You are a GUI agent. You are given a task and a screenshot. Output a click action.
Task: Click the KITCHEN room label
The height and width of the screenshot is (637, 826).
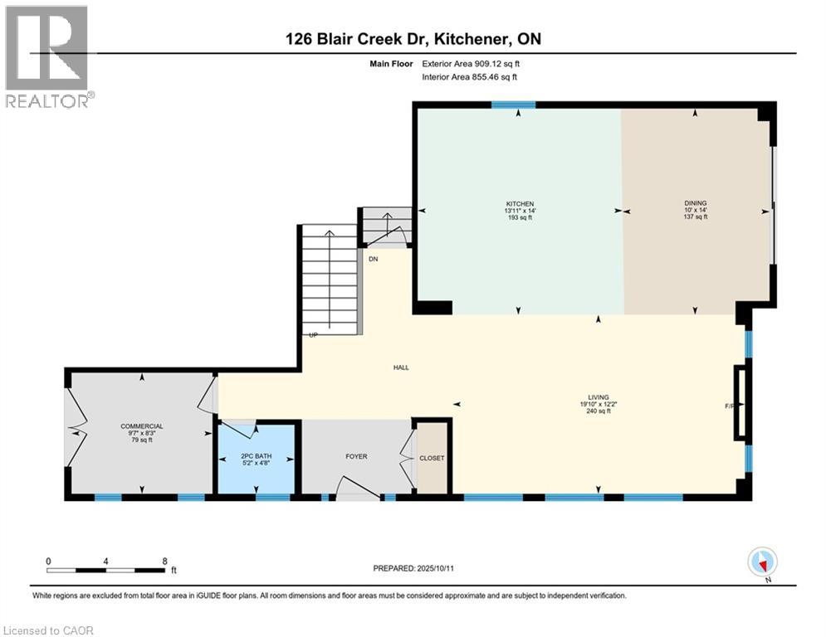click(x=521, y=204)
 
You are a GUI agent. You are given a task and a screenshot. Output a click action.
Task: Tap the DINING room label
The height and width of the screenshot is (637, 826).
click(x=696, y=203)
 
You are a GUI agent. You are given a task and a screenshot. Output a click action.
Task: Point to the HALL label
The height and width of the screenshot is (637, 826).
click(x=402, y=367)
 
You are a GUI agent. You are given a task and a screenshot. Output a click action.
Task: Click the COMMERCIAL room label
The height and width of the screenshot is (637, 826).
click(x=141, y=426)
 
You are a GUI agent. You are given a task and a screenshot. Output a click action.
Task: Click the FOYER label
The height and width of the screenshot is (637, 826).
click(x=356, y=456)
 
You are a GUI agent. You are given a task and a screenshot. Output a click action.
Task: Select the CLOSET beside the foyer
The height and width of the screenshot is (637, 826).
click(x=432, y=458)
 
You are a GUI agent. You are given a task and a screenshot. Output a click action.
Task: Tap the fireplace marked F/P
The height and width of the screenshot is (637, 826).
click(x=738, y=402)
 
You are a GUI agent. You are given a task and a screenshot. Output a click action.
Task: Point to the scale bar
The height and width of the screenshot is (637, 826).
click(x=105, y=570)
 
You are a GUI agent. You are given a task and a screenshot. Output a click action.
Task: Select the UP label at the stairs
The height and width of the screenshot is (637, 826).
click(x=313, y=335)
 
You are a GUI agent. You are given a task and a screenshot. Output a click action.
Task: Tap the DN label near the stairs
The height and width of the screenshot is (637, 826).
click(x=374, y=259)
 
